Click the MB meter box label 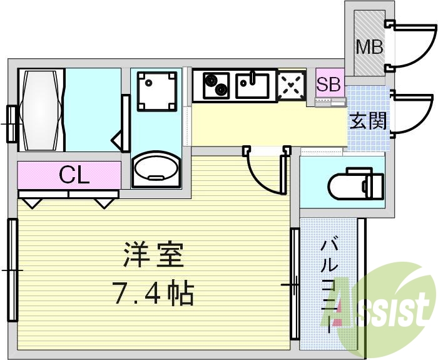pos(369,46)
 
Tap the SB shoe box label pos(328,84)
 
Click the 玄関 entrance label pos(367,121)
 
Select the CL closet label pos(74,175)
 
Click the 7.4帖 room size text pos(153,292)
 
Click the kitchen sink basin pos(253,85)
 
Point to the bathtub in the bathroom pos(43,110)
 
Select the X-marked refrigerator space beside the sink pos(291,86)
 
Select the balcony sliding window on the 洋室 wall pos(294,285)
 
